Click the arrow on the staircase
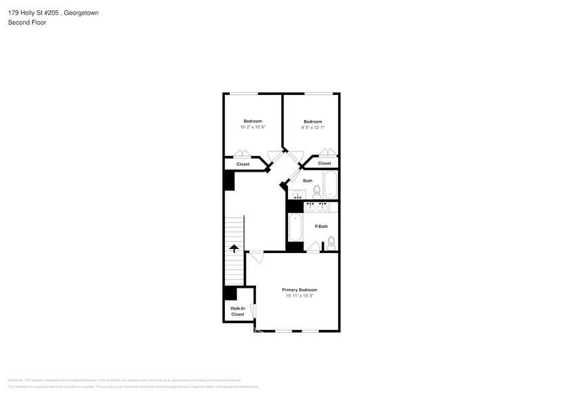tap(234, 248)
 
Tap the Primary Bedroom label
tap(299, 290)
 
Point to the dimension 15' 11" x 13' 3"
tap(299, 296)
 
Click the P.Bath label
tap(322, 226)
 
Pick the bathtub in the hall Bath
tap(330, 185)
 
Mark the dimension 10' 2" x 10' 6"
tap(253, 127)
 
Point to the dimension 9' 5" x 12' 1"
tap(312, 128)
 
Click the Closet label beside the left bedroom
tap(243, 164)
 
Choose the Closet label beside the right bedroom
tap(325, 164)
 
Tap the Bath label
tap(308, 180)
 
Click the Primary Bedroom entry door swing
tap(256, 256)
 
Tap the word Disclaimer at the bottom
tap(16, 380)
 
